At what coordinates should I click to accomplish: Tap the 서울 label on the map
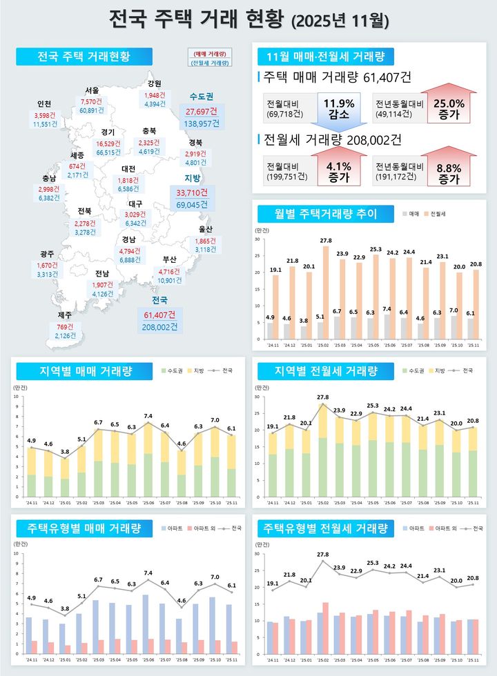pos(92,90)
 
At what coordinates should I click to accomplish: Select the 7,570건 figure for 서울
pos(92,101)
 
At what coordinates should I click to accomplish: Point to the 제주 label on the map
pos(65,315)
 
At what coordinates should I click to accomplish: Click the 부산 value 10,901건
pos(170,281)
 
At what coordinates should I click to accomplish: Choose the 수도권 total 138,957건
pos(200,123)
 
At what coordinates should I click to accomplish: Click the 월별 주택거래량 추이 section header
pos(317,214)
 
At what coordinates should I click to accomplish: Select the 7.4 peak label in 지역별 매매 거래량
pos(148,416)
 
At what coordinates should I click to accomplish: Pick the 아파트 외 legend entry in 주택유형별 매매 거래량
pos(202,529)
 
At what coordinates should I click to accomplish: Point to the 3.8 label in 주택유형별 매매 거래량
pos(64,609)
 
